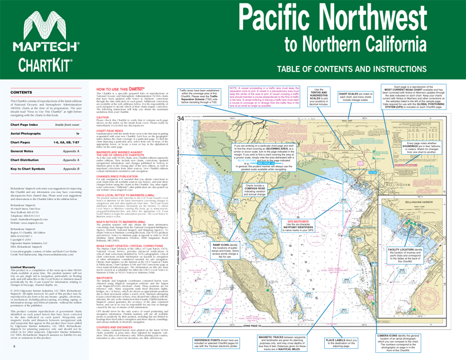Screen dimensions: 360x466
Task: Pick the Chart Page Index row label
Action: point(27,125)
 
